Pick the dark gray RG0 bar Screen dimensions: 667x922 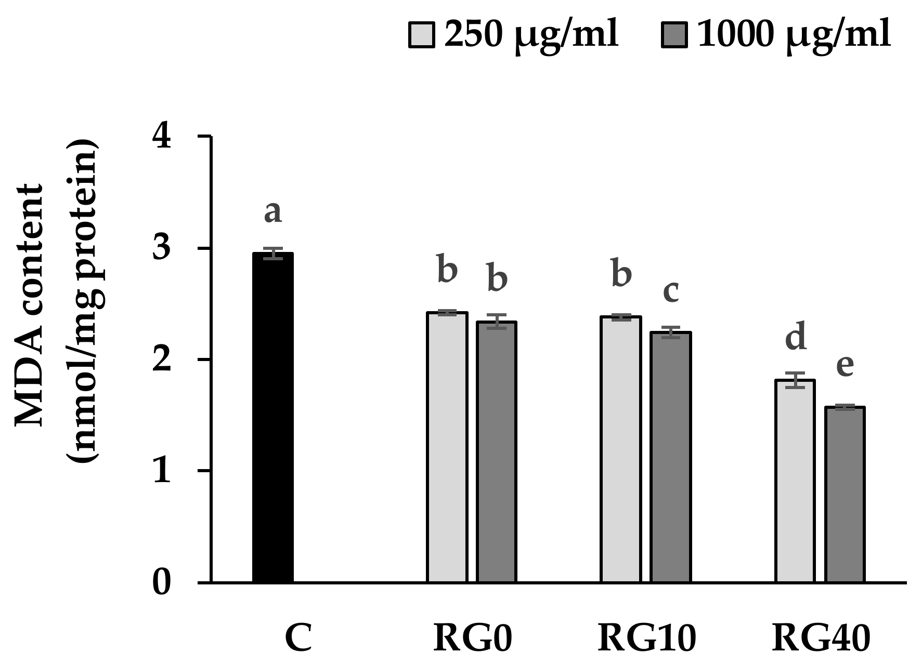[497, 452]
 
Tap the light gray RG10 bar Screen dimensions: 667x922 [621, 449]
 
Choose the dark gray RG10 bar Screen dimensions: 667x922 [671, 457]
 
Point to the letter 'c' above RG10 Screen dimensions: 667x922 [671, 291]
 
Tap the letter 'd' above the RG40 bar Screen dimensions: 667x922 [795, 337]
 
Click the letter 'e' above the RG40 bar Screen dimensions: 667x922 [845, 365]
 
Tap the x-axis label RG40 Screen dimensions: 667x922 [821, 638]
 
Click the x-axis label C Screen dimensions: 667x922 [298, 638]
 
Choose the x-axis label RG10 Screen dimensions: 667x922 [646, 638]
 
